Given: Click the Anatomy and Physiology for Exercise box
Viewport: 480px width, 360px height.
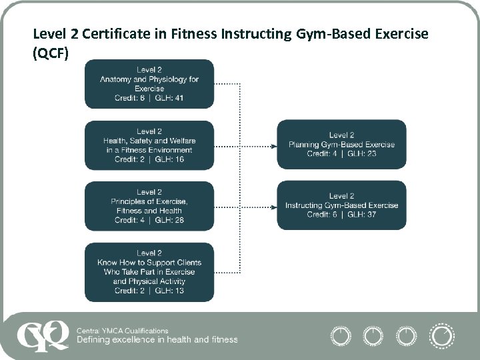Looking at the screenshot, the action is coord(149,84).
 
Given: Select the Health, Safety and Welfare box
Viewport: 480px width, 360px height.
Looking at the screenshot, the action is coord(149,145).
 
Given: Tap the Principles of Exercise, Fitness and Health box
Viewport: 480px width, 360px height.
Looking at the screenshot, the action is coord(149,206).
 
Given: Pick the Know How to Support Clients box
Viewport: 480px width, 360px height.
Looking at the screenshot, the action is coord(149,272).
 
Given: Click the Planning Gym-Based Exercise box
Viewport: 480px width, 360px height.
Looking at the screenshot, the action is coord(341,145).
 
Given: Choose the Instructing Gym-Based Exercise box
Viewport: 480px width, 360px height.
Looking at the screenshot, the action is coord(341,205).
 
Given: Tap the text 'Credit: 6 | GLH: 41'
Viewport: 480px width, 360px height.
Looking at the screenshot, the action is coord(149,98).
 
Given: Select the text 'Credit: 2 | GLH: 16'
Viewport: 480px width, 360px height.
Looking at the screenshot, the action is coord(149,159).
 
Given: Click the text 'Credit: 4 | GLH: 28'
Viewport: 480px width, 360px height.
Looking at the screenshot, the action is coord(149,220).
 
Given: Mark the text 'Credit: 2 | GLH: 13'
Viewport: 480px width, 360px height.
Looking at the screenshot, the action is coord(149,291).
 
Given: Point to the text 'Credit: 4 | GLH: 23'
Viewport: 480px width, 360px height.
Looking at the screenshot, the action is coord(341,154).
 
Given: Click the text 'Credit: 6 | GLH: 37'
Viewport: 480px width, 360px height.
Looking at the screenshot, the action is coord(341,215).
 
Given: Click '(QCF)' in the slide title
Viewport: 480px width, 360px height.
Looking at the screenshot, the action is coord(51,53).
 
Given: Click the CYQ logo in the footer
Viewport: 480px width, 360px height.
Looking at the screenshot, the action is coord(44,335).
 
